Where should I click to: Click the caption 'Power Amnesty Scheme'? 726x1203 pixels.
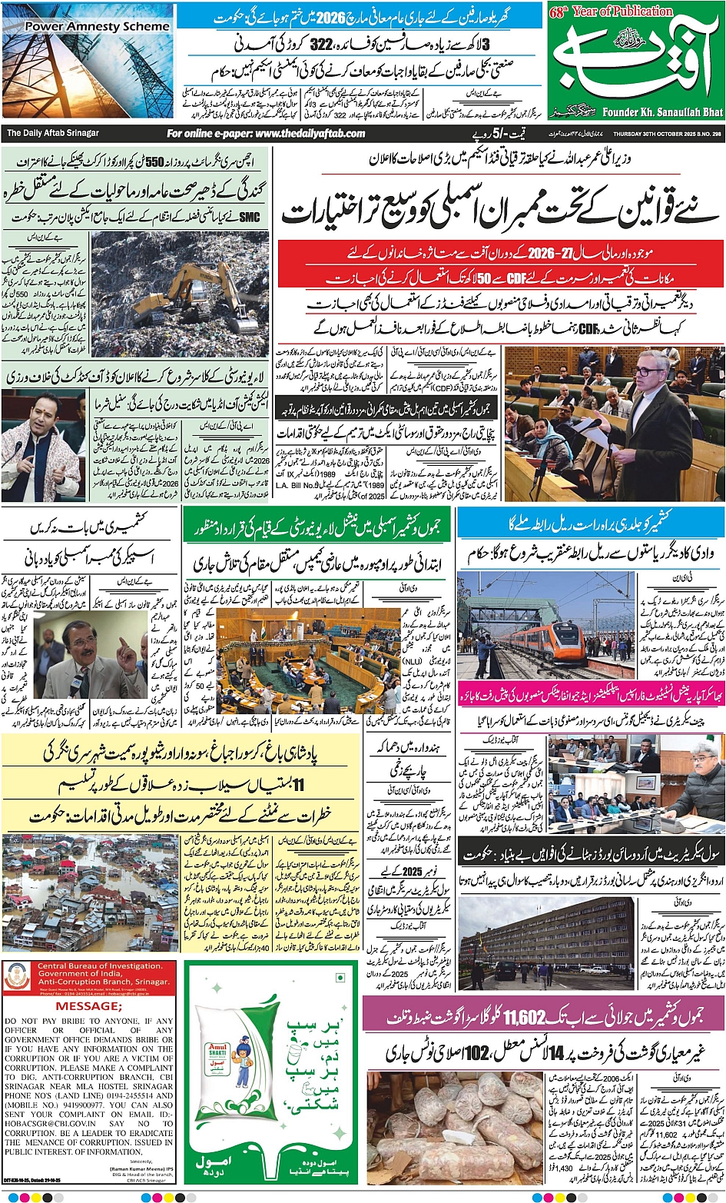pos(97,26)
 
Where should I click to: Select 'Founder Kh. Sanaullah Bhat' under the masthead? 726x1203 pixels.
pos(662,112)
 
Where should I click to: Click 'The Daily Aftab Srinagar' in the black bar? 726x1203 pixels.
pos(53,133)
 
